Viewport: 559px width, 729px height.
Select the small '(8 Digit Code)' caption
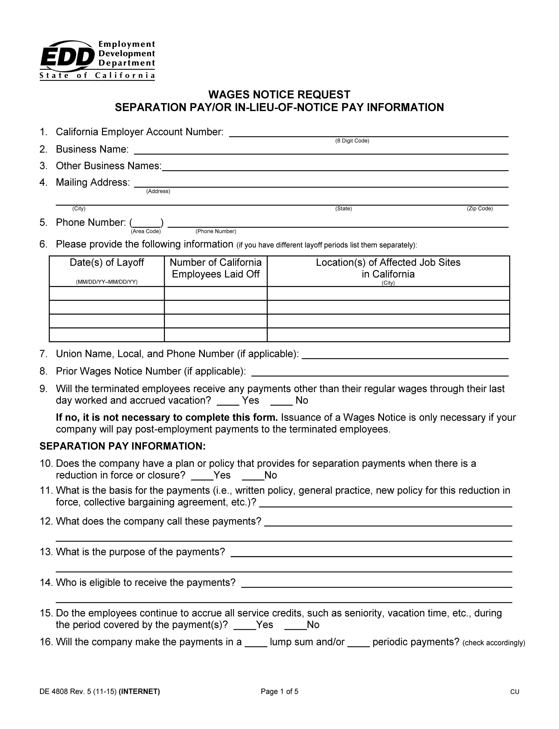[x=352, y=141]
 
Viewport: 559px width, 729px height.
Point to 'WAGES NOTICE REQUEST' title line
[x=279, y=95]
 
